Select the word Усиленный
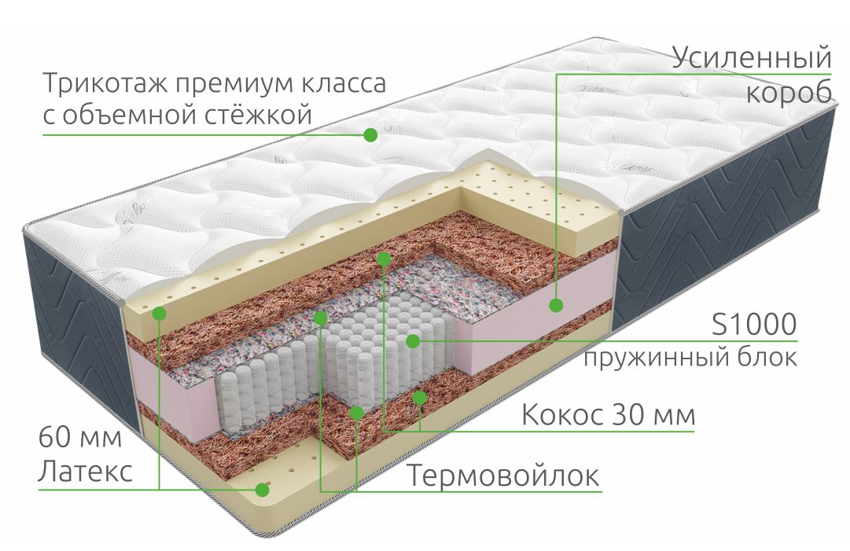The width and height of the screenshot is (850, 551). [x=752, y=57]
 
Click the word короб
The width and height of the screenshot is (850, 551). [x=789, y=92]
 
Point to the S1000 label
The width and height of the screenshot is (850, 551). [x=754, y=325]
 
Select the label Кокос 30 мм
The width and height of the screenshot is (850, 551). [x=609, y=415]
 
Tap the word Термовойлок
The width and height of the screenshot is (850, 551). [x=503, y=476]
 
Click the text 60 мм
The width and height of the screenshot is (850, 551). [x=80, y=437]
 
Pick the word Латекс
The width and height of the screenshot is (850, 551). [x=85, y=470]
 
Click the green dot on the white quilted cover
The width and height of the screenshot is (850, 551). [x=370, y=134]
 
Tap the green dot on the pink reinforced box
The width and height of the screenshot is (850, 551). [x=556, y=306]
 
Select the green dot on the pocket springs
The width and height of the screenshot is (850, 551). [x=413, y=341]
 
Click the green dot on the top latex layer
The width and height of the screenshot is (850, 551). [x=160, y=313]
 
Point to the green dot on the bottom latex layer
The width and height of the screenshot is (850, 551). [x=263, y=489]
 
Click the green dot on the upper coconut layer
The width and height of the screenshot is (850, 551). [x=384, y=259]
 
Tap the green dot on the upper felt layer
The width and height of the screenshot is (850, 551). [x=320, y=318]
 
